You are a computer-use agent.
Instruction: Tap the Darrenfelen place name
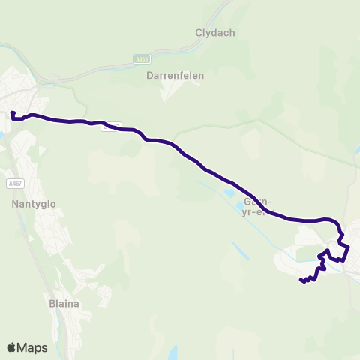[x=175, y=76]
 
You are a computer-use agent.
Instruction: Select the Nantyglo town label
[x=34, y=203]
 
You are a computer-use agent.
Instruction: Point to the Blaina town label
[x=64, y=303]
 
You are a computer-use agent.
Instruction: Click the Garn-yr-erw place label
[x=256, y=206]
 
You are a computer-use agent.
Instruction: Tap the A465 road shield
[x=142, y=58]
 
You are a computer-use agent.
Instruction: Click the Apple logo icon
[x=12, y=347]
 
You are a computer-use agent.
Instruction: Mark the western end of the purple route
[x=13, y=113]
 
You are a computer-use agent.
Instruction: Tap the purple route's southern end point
[x=301, y=280]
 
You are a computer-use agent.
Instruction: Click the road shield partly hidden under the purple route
[x=110, y=126]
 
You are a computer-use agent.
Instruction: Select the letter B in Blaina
[x=52, y=303]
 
